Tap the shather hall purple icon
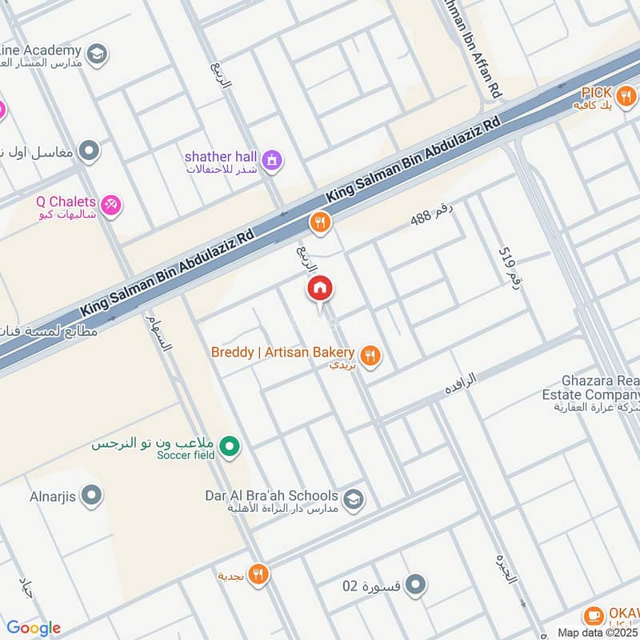tap(273, 161)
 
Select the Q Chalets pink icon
tap(112, 206)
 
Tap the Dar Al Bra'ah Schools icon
tap(354, 501)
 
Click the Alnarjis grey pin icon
tap(92, 496)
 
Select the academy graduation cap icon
tap(97, 54)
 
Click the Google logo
tap(34, 628)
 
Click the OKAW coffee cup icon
tap(593, 615)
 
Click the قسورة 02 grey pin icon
tap(414, 585)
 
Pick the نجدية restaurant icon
tap(258, 574)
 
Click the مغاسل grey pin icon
tap(90, 150)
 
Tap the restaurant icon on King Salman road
tap(320, 222)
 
